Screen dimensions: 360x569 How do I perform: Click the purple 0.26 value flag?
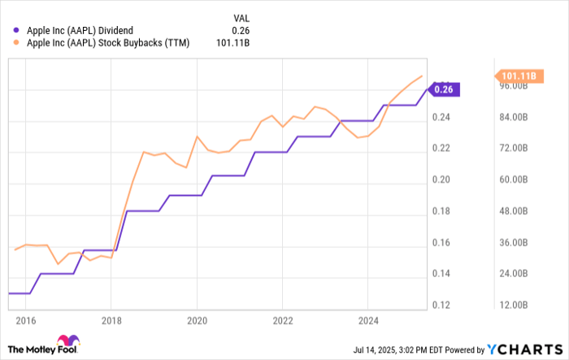click(x=445, y=89)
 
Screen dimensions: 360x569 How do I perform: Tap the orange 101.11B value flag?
click(x=517, y=76)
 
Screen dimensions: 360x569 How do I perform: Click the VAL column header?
click(x=219, y=16)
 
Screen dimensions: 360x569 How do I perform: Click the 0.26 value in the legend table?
click(x=219, y=30)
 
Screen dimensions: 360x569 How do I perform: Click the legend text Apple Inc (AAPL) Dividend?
click(x=78, y=30)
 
